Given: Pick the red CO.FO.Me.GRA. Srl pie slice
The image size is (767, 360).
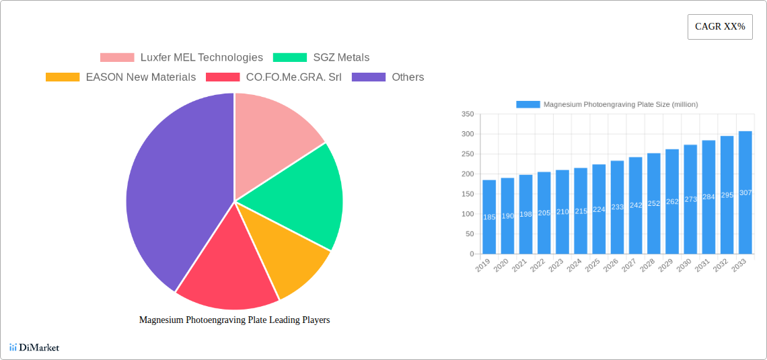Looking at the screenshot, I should point(225,269).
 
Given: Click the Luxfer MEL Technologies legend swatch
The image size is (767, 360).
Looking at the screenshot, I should point(117,58).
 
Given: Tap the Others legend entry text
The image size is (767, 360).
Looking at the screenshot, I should point(408,77).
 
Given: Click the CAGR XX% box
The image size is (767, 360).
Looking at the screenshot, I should point(720,27).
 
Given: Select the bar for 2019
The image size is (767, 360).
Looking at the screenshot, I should point(489,217).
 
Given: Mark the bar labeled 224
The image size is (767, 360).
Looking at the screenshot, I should point(599,209).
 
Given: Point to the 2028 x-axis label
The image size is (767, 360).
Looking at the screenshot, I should point(647,267).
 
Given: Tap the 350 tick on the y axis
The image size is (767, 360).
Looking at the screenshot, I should point(467,114).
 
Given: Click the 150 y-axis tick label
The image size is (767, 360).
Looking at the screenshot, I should point(467,194).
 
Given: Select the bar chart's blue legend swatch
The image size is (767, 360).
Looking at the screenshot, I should point(528,105).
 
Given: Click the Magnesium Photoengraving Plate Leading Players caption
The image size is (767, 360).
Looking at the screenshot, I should point(234,320).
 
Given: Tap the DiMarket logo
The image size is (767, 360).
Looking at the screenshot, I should point(34,347).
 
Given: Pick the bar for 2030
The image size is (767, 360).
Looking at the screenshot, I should point(690,199).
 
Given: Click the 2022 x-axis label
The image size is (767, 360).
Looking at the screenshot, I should point(537,267).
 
